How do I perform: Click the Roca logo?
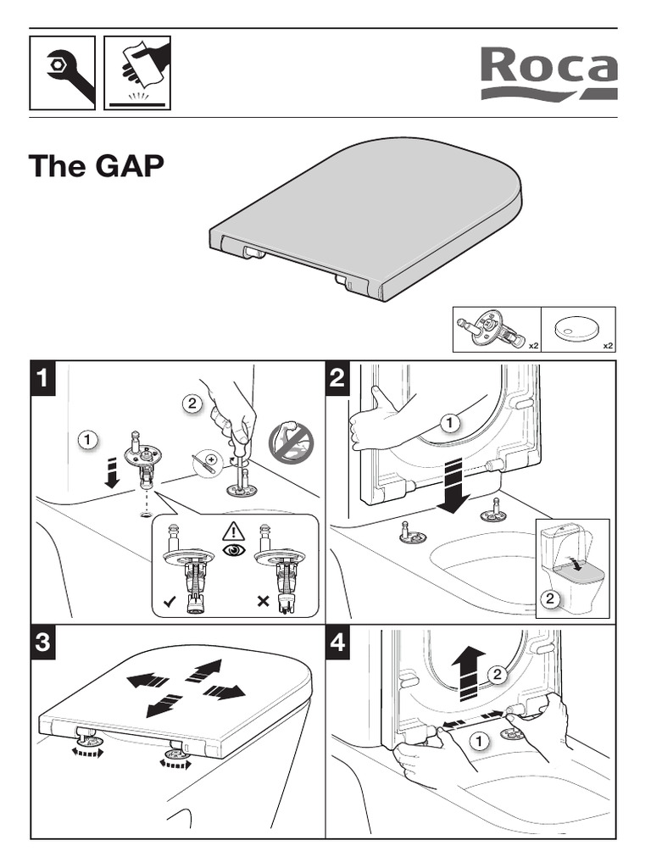point(549,74)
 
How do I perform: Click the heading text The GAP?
point(95,167)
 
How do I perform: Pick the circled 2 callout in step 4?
point(498,675)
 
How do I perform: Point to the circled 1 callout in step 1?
point(87,439)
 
